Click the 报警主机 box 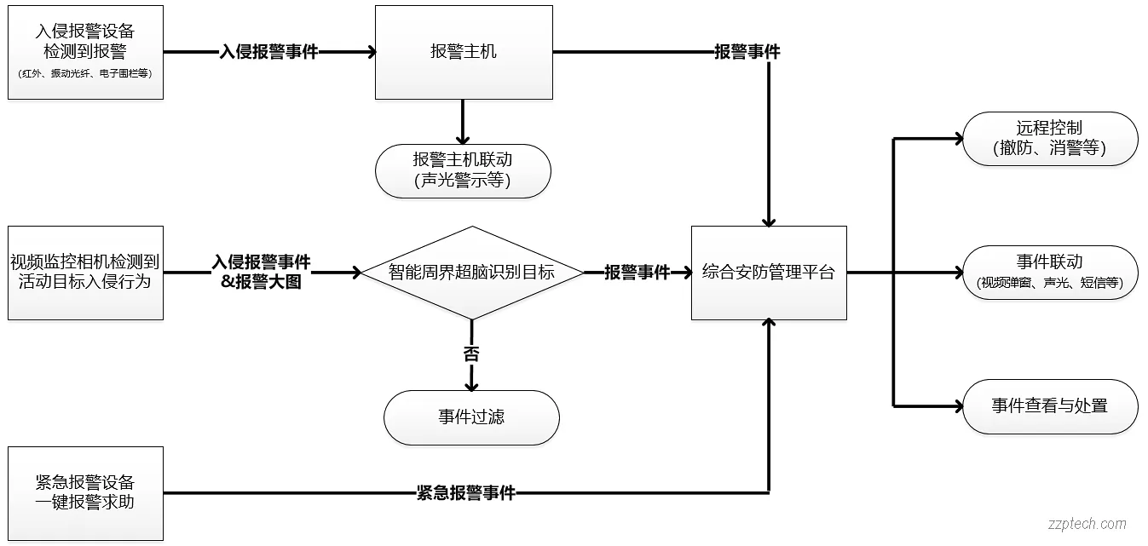point(464,52)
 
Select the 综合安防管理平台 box point(768,273)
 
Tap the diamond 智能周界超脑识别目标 point(471,273)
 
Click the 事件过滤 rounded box point(471,417)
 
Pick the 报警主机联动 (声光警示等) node point(463,170)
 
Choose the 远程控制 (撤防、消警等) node point(1049,138)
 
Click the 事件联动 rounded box point(1049,273)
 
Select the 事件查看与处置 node point(1049,406)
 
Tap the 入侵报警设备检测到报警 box point(85,52)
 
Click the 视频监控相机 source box point(85,273)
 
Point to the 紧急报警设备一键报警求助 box point(85,493)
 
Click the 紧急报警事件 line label point(465,493)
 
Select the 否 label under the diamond point(471,353)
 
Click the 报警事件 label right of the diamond point(637,273)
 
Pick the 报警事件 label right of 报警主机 point(747,52)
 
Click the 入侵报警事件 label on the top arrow point(268,52)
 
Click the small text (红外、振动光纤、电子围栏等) point(85,74)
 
